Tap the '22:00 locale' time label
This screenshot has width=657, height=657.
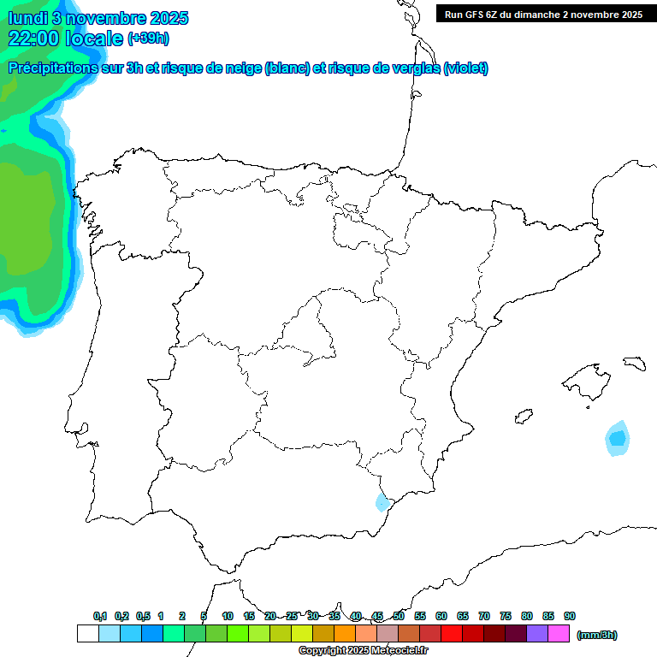point(66,38)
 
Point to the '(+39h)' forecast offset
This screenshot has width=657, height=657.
point(148,38)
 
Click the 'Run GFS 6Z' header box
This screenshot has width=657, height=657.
point(543,15)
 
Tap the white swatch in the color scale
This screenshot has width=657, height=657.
point(87,634)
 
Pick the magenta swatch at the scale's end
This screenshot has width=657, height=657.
point(559,634)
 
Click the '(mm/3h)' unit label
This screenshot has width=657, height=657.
point(597,635)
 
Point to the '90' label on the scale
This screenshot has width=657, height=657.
point(570,616)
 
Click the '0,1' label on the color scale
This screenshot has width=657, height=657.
point(100,616)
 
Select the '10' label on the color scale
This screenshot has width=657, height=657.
point(228,616)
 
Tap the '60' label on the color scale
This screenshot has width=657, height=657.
point(441,616)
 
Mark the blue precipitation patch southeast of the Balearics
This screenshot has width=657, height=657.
point(617,439)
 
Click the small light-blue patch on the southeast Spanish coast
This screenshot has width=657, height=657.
point(382,502)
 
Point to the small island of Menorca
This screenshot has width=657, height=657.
point(634,363)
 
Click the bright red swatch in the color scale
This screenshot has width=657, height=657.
point(452,634)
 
